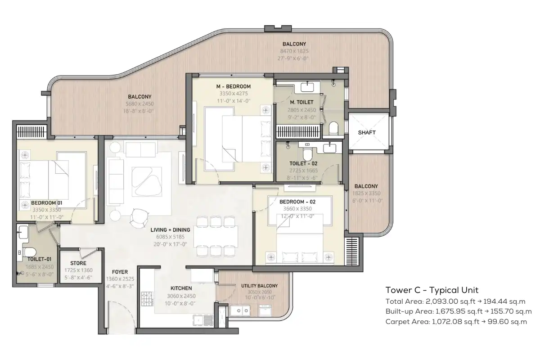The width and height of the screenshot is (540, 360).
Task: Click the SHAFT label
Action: (367, 133)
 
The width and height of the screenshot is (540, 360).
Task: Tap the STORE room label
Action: (78, 263)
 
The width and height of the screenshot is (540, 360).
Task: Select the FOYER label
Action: (120, 272)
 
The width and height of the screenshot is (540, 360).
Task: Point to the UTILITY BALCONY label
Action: (259, 286)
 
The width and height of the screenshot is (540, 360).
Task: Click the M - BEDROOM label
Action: (234, 86)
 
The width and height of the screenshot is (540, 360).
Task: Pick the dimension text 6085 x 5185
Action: (170, 237)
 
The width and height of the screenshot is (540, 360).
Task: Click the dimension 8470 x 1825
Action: (294, 51)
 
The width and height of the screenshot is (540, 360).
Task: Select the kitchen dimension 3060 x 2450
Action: (181, 296)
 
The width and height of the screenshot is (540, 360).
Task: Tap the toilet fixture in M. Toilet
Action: (333, 128)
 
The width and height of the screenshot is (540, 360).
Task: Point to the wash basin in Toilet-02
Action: (329, 148)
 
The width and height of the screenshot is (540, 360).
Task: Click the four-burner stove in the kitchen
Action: (147, 299)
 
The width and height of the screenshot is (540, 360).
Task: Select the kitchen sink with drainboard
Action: (203, 320)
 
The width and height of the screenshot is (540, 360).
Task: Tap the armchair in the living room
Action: (139, 218)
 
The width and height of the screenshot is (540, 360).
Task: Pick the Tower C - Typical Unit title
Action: (432, 290)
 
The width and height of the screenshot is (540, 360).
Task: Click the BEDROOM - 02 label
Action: (297, 202)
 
